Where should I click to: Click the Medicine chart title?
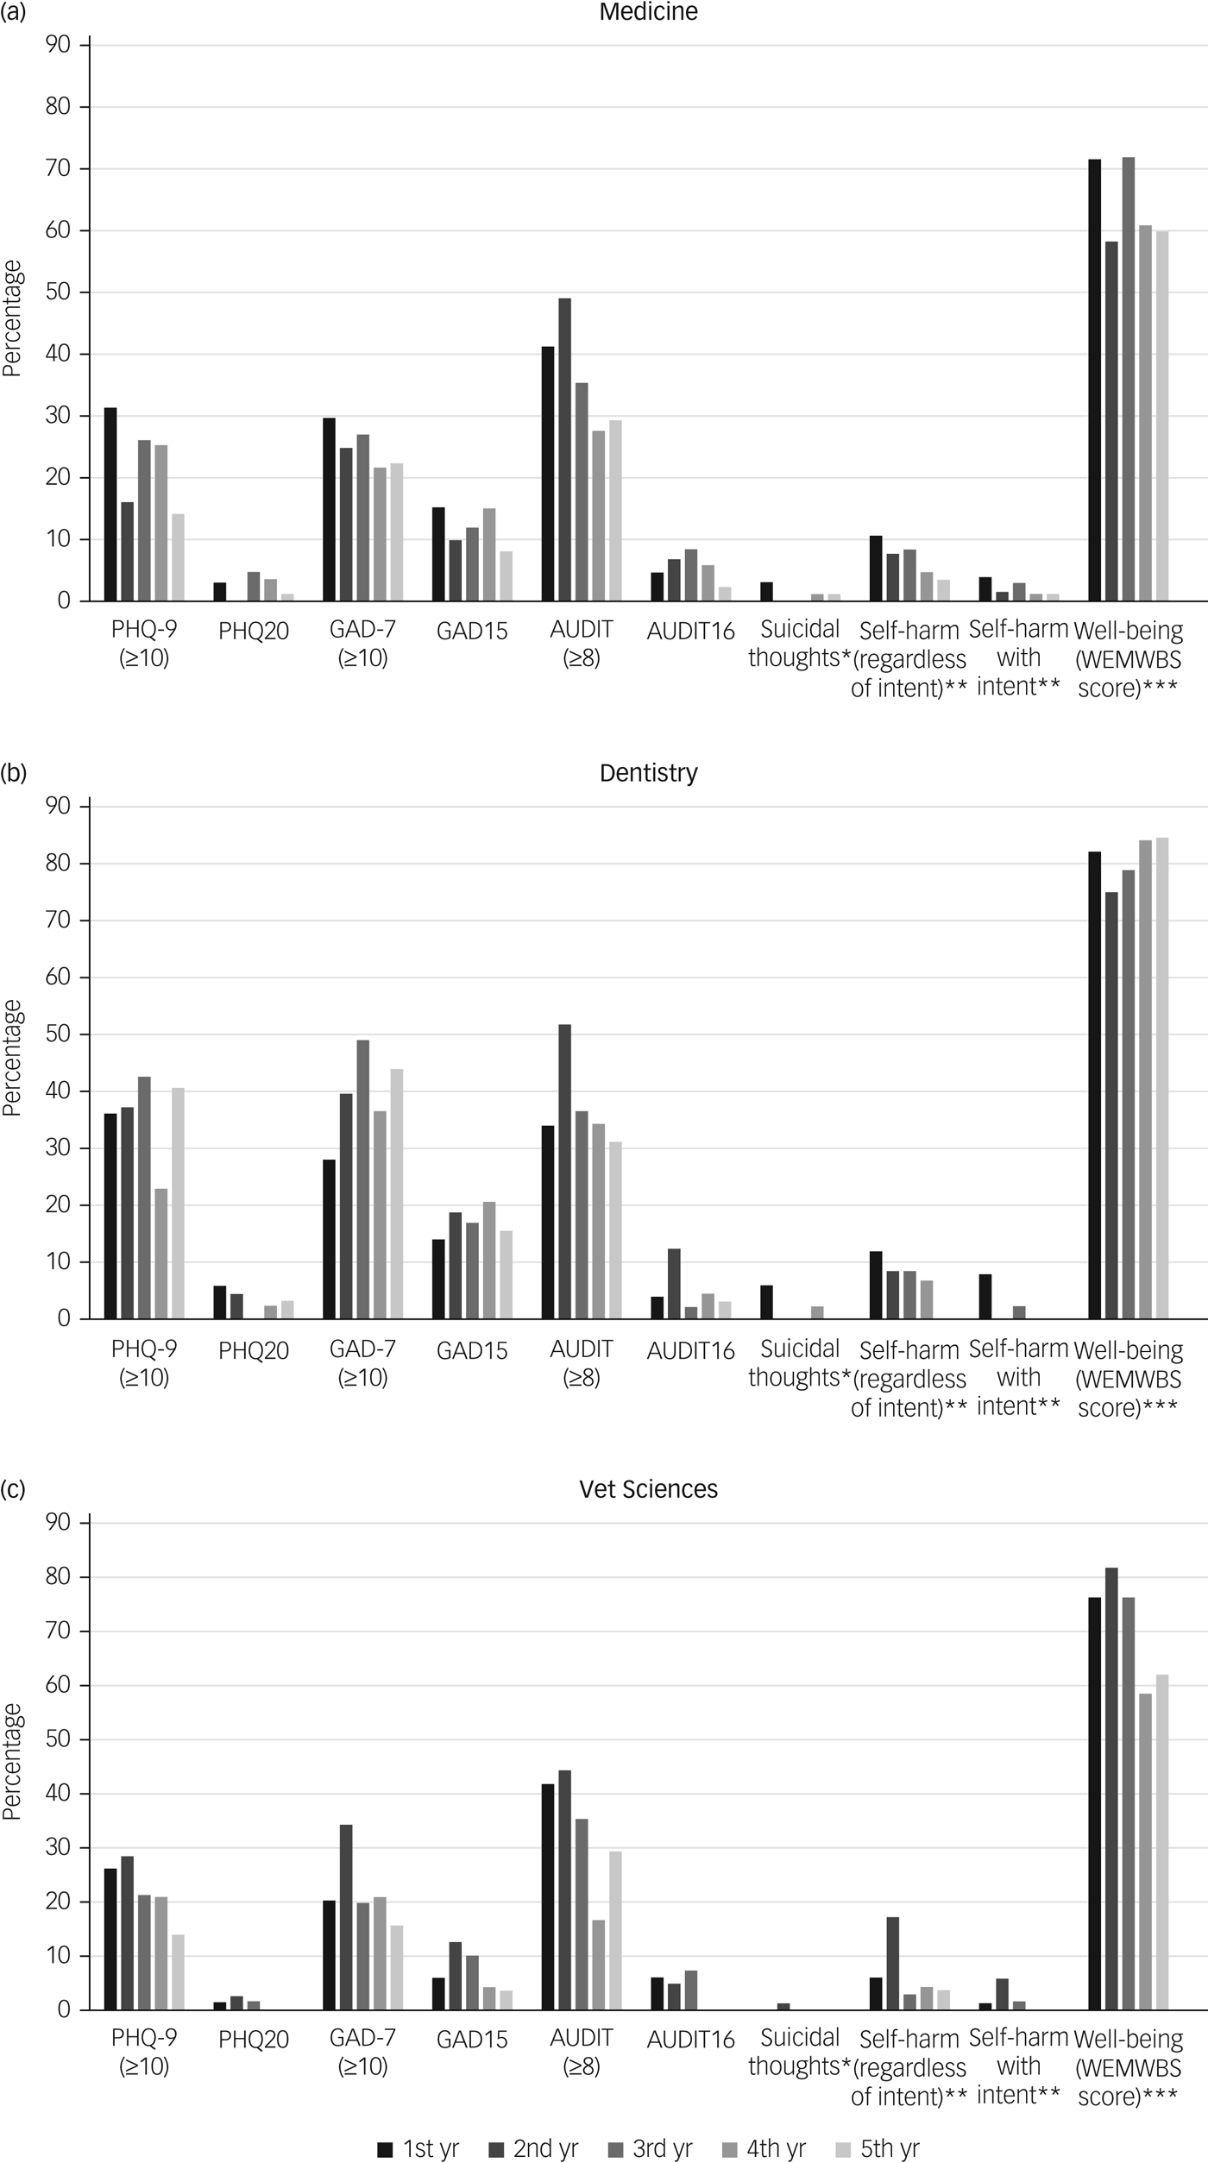(x=648, y=12)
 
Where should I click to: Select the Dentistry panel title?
(x=648, y=772)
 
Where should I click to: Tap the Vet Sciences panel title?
(x=648, y=1489)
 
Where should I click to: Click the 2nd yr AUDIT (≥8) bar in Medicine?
(x=564, y=450)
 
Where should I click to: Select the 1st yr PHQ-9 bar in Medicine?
(x=110, y=504)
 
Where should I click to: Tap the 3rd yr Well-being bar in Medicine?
(x=1128, y=379)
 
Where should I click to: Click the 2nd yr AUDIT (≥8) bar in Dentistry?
(x=564, y=1172)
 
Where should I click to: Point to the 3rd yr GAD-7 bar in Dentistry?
(x=362, y=1179)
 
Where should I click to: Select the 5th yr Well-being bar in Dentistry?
(x=1161, y=1078)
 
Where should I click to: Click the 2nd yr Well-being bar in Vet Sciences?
(x=1111, y=1789)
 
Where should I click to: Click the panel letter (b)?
(x=14, y=773)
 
